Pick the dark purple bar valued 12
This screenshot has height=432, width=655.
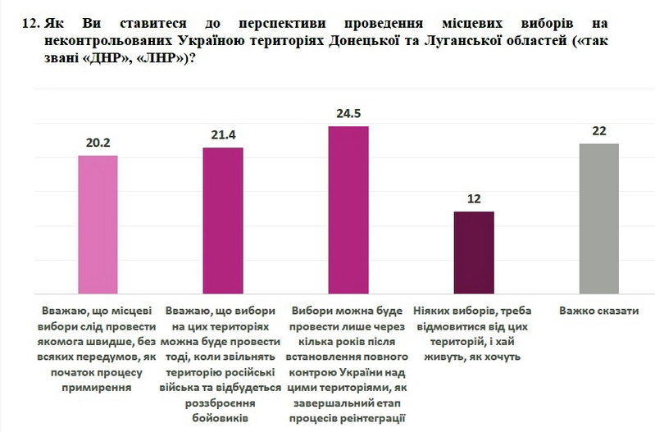coord(474,252)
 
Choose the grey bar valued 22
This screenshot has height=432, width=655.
coord(598,218)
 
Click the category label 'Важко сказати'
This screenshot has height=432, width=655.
coord(598,311)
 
